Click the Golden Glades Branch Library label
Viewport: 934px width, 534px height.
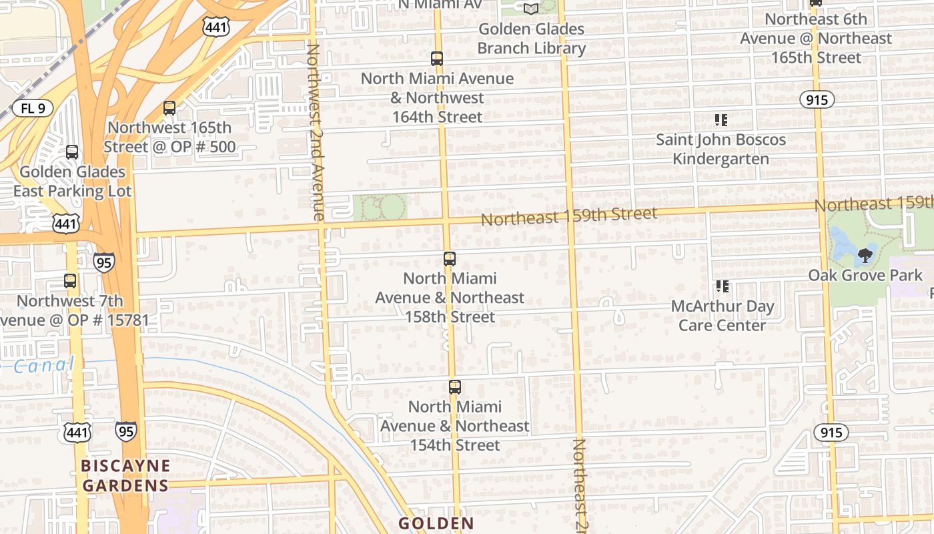click(531, 39)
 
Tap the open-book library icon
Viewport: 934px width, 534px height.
click(531, 9)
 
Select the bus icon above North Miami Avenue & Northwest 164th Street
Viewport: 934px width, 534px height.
click(437, 59)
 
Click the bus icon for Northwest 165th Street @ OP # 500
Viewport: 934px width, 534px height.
click(169, 108)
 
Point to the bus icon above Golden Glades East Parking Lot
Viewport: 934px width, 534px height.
click(71, 152)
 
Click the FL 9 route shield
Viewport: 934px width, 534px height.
click(32, 108)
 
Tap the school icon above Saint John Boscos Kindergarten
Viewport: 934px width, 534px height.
click(721, 121)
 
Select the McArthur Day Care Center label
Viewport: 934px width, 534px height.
click(722, 316)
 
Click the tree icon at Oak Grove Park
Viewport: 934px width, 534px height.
click(865, 255)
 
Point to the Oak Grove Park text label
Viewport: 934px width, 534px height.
click(865, 275)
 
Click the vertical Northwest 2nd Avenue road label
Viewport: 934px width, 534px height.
click(314, 131)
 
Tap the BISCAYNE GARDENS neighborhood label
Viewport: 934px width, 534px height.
click(125, 475)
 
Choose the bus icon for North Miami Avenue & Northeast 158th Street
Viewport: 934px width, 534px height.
click(450, 259)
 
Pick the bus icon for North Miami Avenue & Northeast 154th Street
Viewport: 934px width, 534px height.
click(454, 387)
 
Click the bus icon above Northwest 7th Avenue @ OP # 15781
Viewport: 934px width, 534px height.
click(70, 281)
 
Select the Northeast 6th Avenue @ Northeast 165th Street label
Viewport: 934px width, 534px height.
click(816, 38)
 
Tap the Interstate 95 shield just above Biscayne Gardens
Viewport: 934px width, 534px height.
click(126, 431)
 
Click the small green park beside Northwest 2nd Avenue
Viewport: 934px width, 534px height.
click(380, 208)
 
